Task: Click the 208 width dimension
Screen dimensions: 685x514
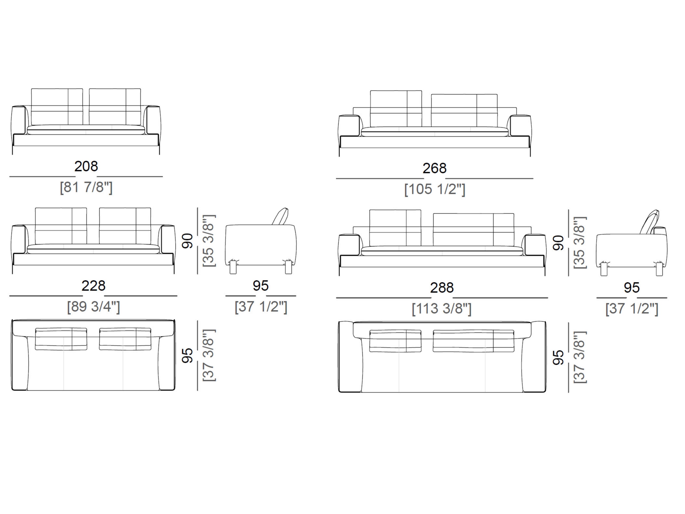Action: point(86,166)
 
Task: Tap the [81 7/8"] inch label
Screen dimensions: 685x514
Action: point(86,187)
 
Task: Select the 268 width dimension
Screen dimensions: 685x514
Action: point(434,168)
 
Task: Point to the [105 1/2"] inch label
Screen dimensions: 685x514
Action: point(435,189)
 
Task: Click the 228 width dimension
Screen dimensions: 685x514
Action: point(94,286)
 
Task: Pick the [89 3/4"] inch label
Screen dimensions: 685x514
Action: point(94,307)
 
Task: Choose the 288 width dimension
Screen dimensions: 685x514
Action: point(442,288)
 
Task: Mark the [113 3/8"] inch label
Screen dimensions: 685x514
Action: point(442,309)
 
